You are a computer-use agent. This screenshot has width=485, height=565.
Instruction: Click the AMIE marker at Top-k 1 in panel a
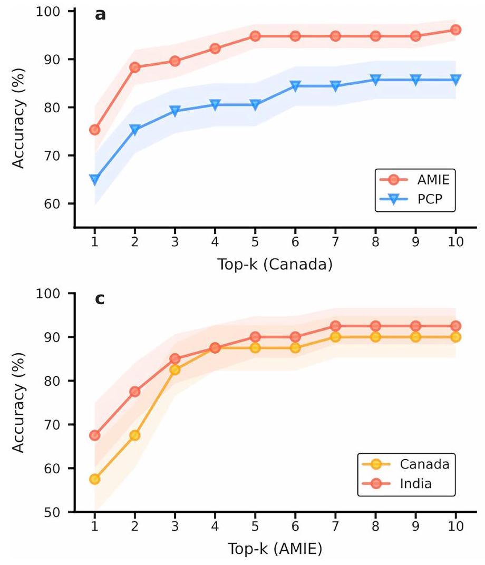pyautogui.click(x=95, y=129)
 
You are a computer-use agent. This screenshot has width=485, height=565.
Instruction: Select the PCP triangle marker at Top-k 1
pyautogui.click(x=95, y=180)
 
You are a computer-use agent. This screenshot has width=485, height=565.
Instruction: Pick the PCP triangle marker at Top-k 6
pyautogui.click(x=295, y=85)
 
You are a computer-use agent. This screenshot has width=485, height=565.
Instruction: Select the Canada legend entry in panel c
pyautogui.click(x=406, y=464)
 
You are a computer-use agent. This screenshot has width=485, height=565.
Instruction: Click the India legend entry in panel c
pyautogui.click(x=406, y=483)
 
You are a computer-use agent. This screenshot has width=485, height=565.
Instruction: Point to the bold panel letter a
pyautogui.click(x=100, y=15)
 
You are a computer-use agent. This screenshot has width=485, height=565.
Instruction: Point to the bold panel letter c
pyautogui.click(x=100, y=299)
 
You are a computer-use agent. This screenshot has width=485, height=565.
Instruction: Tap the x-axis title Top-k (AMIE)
pyautogui.click(x=275, y=549)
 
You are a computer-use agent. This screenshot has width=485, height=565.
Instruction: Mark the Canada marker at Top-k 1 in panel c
pyautogui.click(x=95, y=479)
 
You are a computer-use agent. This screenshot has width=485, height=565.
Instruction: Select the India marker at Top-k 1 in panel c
pyautogui.click(x=95, y=435)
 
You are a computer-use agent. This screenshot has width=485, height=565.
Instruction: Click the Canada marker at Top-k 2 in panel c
pyautogui.click(x=135, y=435)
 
